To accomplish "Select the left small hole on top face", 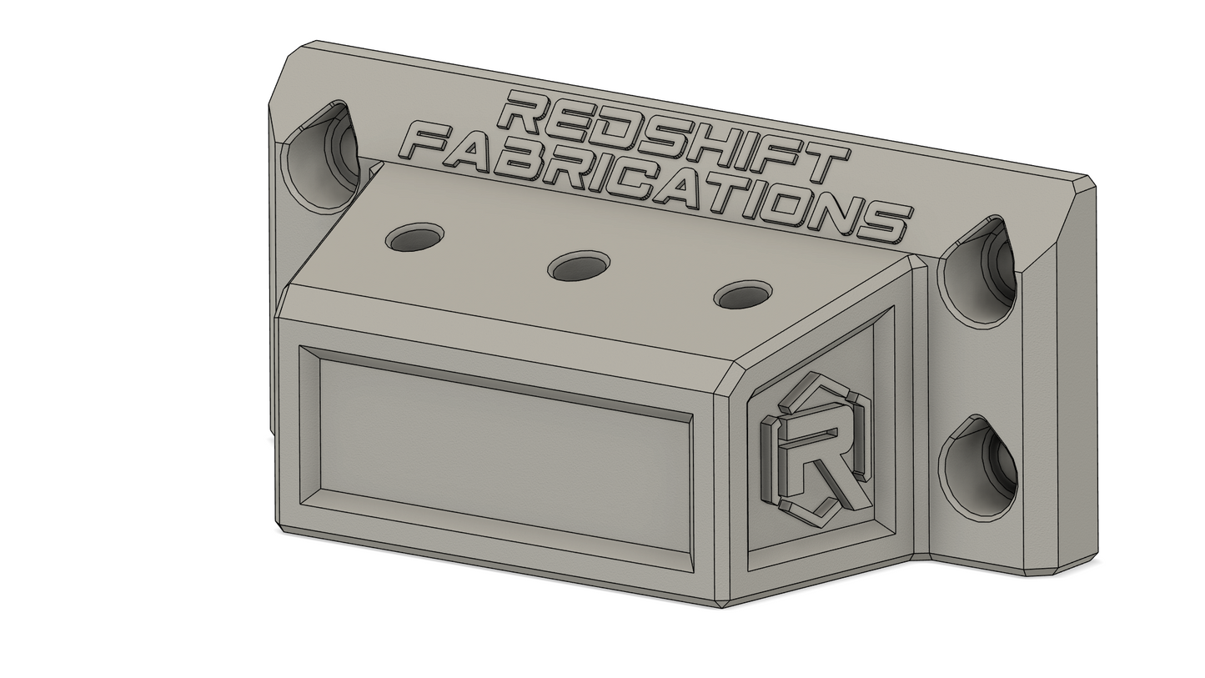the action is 414,239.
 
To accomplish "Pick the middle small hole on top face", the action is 579,266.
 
